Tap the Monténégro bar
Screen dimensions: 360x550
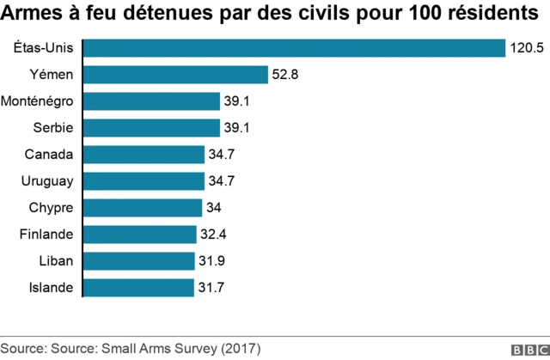tap(151, 101)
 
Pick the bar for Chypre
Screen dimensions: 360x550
tap(142, 208)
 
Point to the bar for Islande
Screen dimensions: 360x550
tap(138, 287)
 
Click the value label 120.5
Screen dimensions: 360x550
tap(527, 49)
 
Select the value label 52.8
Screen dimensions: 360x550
tap(285, 76)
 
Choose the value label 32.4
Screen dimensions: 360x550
tap(213, 235)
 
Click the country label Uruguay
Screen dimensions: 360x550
tap(46, 181)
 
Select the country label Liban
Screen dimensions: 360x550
tap(56, 260)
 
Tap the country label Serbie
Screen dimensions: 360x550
tap(52, 128)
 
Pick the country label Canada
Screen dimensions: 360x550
tap(50, 155)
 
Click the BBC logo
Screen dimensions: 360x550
tap(529, 350)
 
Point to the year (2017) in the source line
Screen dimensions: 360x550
tap(241, 349)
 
